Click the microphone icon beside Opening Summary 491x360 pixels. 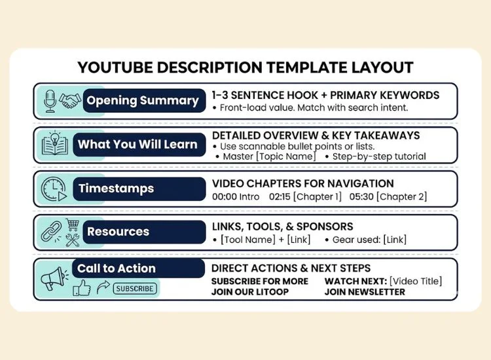point(50,101)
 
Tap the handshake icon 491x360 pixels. point(70,101)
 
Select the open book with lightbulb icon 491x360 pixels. point(55,143)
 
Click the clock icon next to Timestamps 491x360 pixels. point(54,189)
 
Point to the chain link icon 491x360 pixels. point(51,232)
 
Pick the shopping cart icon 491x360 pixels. point(73,225)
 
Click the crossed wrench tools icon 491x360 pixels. point(73,240)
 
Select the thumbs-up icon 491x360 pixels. point(82,288)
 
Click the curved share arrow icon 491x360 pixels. point(103,287)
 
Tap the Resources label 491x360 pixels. point(118,232)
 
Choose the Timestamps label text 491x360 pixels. point(116,189)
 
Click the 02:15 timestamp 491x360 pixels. point(280,196)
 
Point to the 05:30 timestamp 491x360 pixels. point(361,196)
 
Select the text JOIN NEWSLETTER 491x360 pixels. point(365,292)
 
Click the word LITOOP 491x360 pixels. point(272,292)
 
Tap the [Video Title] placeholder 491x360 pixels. point(416,281)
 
